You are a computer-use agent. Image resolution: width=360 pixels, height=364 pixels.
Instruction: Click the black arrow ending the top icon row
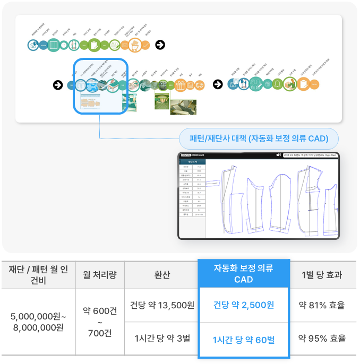(160, 45)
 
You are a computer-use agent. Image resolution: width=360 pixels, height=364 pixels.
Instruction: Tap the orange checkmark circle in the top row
(145, 45)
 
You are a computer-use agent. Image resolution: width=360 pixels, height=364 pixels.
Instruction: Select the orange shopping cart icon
(134, 45)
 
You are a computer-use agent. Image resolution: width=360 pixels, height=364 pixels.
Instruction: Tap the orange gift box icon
(180, 85)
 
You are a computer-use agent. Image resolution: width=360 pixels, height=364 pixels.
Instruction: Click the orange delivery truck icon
(200, 85)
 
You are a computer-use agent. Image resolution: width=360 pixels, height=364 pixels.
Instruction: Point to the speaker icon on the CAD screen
(278, 155)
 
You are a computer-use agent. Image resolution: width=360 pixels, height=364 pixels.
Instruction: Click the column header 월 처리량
(100, 275)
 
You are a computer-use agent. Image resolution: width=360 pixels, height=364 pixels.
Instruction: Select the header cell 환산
(161, 275)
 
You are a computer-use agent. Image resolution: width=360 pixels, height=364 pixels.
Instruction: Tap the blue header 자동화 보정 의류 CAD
(244, 274)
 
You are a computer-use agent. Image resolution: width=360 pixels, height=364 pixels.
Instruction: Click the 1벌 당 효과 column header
(321, 275)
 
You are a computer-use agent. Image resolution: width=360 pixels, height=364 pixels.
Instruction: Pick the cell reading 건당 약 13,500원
(161, 305)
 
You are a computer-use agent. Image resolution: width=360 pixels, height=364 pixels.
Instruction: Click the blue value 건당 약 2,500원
(244, 305)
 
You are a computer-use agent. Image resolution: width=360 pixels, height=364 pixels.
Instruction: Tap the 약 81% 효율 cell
(321, 305)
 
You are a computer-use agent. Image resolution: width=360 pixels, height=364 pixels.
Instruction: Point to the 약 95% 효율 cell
(321, 339)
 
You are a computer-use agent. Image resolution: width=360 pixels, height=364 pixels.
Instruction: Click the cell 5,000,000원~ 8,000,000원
(38, 322)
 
